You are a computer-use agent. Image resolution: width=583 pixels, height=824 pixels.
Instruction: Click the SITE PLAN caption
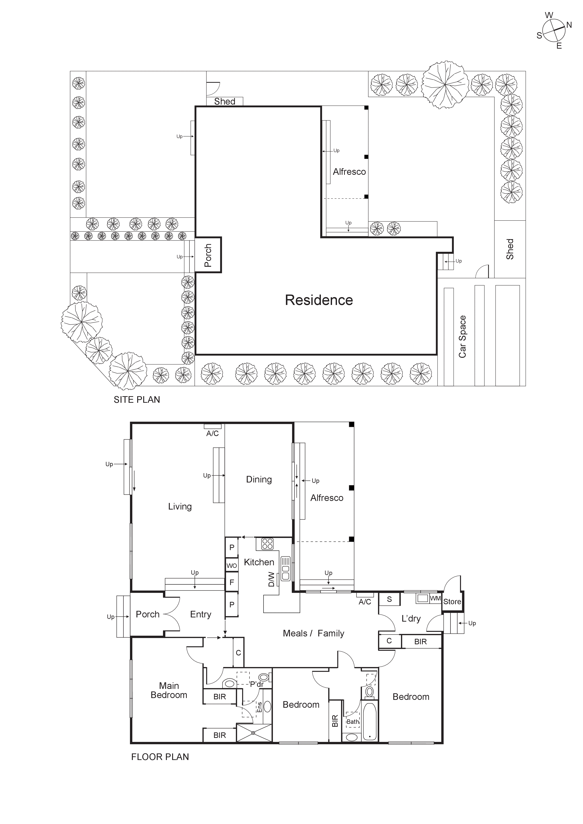click(x=137, y=399)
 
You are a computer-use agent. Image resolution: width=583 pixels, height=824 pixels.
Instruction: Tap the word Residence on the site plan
click(x=319, y=300)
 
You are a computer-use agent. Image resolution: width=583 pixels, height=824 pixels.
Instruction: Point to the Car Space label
click(x=462, y=337)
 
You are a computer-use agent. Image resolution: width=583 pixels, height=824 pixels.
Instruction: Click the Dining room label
click(x=259, y=480)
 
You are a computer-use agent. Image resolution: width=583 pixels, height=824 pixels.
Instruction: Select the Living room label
click(x=180, y=506)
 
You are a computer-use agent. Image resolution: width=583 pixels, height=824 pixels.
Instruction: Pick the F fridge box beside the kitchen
click(x=232, y=582)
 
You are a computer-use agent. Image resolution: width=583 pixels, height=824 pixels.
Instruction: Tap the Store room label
click(x=452, y=601)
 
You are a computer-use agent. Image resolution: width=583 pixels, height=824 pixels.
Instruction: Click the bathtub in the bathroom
click(x=369, y=721)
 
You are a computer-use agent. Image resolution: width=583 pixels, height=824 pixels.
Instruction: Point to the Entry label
click(x=201, y=614)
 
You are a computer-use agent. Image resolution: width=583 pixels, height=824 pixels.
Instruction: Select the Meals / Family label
click(x=313, y=633)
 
